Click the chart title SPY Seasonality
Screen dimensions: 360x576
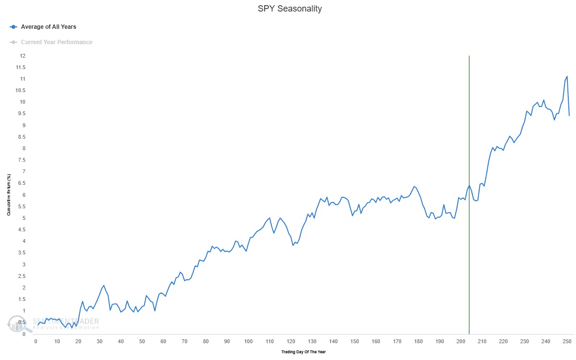click(288, 9)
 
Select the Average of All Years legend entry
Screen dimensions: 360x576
click(48, 27)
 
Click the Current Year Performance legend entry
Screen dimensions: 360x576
click(56, 42)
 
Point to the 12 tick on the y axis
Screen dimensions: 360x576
click(23, 56)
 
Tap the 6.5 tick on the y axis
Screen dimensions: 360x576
click(21, 183)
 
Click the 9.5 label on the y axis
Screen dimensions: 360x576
click(21, 114)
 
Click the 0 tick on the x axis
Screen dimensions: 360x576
click(36, 341)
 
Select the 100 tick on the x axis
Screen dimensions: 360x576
click(248, 341)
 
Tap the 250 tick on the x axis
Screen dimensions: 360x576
click(567, 341)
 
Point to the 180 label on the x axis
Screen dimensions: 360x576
click(418, 341)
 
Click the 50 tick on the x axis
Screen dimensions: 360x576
click(142, 341)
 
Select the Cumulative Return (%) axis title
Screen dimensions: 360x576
click(9, 194)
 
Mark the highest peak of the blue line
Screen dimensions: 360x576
click(567, 76)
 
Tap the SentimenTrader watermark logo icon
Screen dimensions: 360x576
click(16, 324)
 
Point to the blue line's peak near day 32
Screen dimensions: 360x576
click(104, 285)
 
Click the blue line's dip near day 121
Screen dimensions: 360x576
click(293, 245)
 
